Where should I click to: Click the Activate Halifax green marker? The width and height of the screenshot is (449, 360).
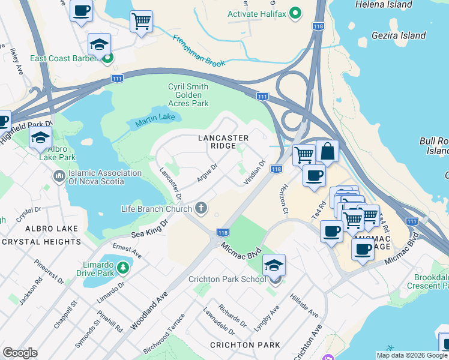point(295,13)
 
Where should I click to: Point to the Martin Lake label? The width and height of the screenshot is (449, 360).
point(150,122)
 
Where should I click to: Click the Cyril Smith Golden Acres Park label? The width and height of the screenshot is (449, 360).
point(188,95)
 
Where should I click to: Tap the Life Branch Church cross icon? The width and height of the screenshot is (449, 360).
point(201,208)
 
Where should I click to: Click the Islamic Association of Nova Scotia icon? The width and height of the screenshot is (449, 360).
point(59,177)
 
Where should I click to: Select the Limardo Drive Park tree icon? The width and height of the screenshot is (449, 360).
point(122,266)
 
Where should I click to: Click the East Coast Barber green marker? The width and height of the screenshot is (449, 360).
point(108,58)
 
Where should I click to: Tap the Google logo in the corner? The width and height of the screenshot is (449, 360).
point(20,353)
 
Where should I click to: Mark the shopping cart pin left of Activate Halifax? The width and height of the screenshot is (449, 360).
point(141,22)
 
